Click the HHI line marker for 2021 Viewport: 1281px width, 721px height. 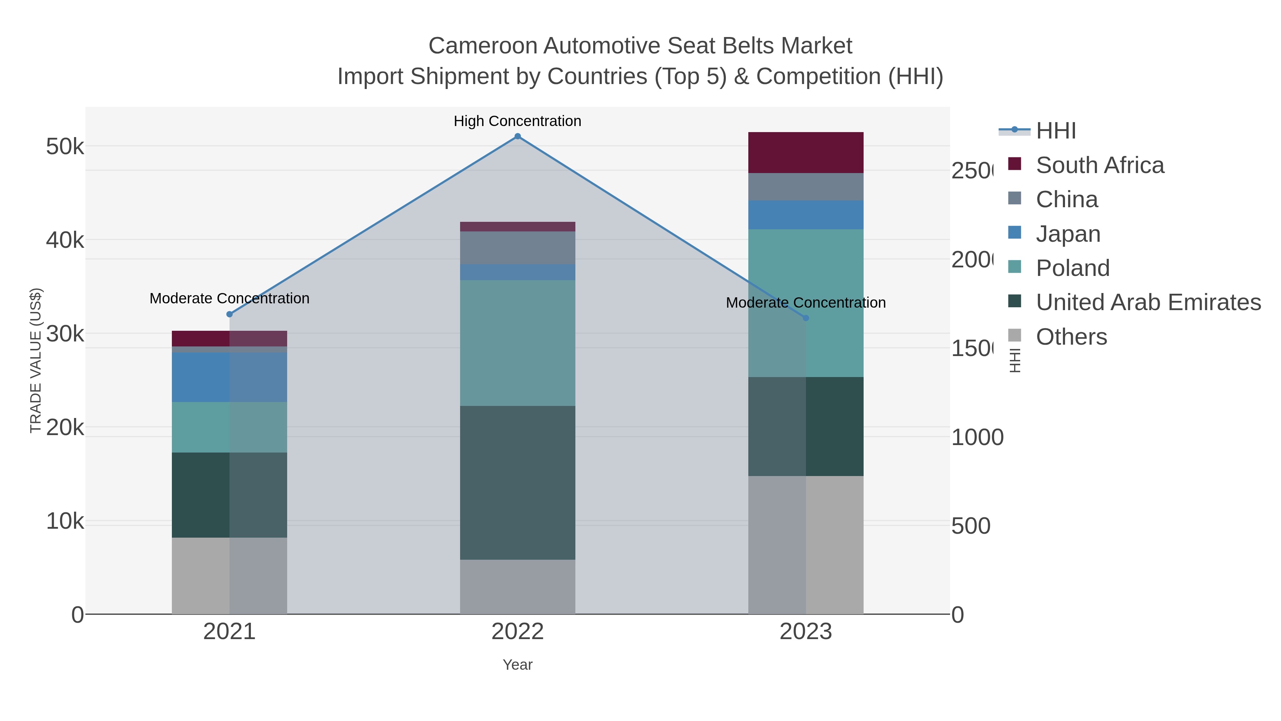tap(229, 314)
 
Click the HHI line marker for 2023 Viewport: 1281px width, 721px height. tap(806, 318)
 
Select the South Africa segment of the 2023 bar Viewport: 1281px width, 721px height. tap(806, 153)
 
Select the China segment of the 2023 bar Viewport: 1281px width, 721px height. tap(806, 187)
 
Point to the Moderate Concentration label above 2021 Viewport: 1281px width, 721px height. tap(229, 299)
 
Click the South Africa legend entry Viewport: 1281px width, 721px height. tap(1100, 165)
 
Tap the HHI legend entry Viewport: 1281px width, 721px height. tap(1056, 131)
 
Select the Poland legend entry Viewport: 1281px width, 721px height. tap(1072, 268)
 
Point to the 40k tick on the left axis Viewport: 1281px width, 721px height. tap(65, 240)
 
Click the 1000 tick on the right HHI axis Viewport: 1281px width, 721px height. tap(977, 437)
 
